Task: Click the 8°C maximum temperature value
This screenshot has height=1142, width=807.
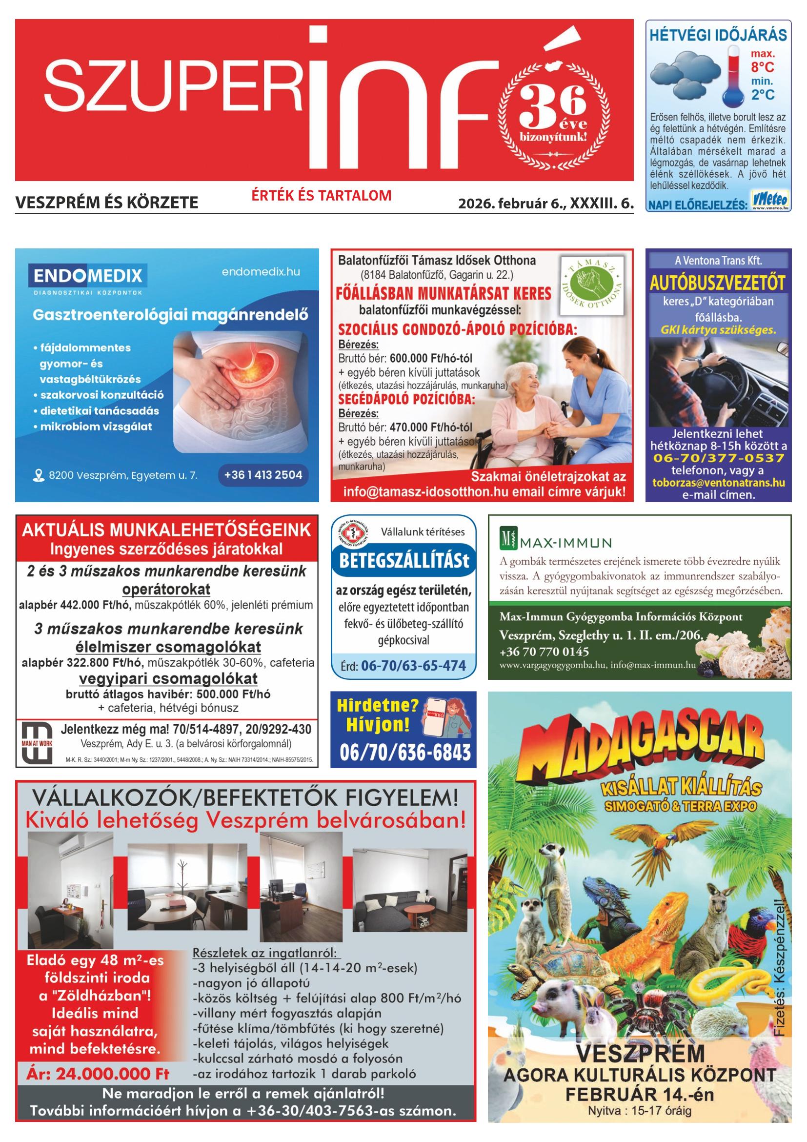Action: click(x=762, y=67)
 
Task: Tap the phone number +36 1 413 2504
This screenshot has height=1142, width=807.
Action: click(x=263, y=475)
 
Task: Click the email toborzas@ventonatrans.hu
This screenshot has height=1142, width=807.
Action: click(x=719, y=483)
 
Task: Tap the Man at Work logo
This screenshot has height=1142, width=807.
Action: click(x=37, y=744)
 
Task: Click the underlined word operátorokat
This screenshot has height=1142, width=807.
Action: click(x=166, y=590)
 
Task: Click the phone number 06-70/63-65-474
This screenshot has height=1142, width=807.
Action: click(x=413, y=666)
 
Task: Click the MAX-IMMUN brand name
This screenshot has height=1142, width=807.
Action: click(x=565, y=542)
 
